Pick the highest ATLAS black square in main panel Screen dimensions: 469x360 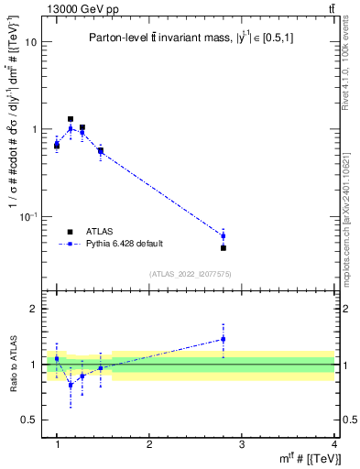click(71, 119)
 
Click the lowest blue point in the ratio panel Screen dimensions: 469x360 click(71, 385)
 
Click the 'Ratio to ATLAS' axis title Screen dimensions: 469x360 click(12, 366)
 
